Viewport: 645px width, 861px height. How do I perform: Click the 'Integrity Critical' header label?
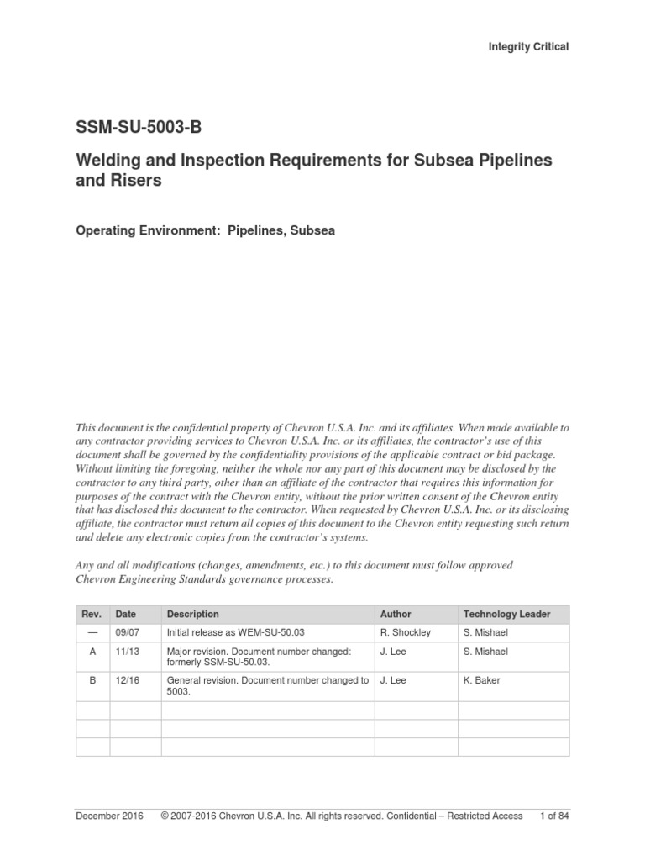point(528,47)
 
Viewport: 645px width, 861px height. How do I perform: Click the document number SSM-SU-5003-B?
point(139,129)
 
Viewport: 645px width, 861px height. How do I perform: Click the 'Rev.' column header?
point(92,615)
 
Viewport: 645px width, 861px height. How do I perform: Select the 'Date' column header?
point(126,615)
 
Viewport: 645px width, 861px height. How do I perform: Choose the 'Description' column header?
point(193,615)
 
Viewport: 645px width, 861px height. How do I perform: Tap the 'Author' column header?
point(396,615)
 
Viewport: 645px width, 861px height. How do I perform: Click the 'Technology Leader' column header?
point(506,615)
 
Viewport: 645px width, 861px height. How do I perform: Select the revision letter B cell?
point(92,680)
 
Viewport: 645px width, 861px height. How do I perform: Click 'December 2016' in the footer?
point(109,816)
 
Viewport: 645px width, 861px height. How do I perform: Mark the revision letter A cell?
point(92,652)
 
